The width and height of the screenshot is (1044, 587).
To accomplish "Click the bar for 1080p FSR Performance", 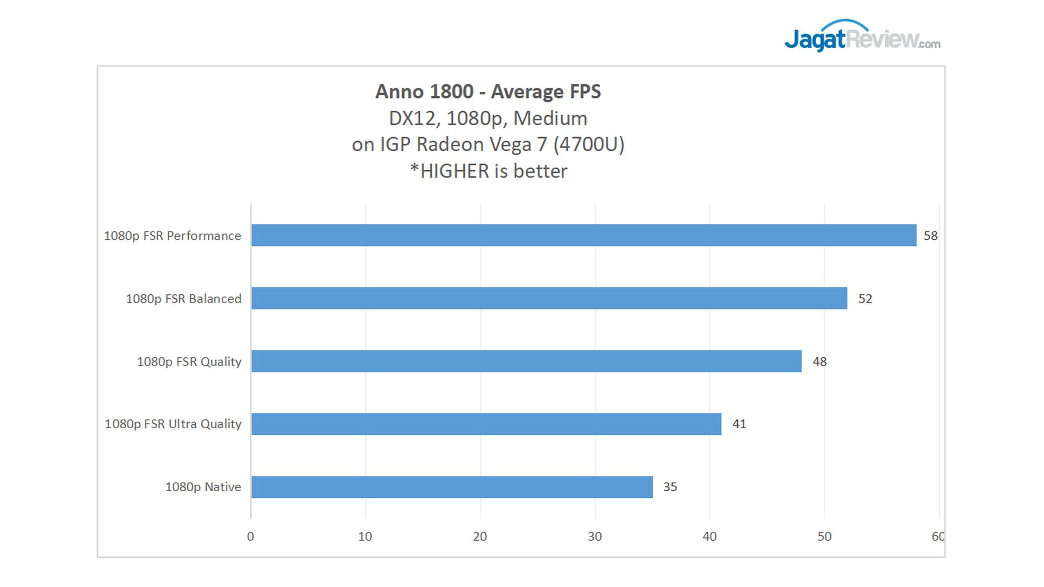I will [x=583, y=235].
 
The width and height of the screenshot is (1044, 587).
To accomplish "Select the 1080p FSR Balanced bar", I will [x=549, y=298].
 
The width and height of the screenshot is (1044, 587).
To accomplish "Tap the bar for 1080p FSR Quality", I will [x=526, y=361].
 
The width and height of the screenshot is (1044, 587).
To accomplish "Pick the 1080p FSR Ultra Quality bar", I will [x=486, y=424].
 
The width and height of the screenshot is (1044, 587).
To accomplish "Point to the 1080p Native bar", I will [x=452, y=487].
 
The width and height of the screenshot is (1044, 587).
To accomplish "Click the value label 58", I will [x=930, y=236].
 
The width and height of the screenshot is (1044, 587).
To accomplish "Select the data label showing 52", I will [x=865, y=299].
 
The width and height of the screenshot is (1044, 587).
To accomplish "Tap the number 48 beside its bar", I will [x=819, y=362].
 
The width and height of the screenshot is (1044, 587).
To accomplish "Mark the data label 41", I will [x=739, y=424].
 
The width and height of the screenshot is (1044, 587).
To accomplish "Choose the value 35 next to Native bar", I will [x=670, y=487].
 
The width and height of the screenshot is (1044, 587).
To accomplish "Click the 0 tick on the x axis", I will [x=251, y=536].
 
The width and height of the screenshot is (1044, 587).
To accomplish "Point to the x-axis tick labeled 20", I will [x=480, y=536].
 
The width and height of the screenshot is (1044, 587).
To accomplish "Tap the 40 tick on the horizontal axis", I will [x=710, y=536].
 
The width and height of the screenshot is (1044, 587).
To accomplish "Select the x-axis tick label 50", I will [x=824, y=536].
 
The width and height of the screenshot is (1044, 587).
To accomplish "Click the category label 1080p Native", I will [x=203, y=487].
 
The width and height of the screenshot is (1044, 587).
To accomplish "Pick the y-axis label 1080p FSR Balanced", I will [x=183, y=299].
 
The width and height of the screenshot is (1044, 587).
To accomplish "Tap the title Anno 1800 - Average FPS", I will [x=488, y=91].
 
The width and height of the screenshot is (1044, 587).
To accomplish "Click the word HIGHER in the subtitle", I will [x=455, y=171].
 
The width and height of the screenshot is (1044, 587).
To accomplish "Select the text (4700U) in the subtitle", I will [x=589, y=144].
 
